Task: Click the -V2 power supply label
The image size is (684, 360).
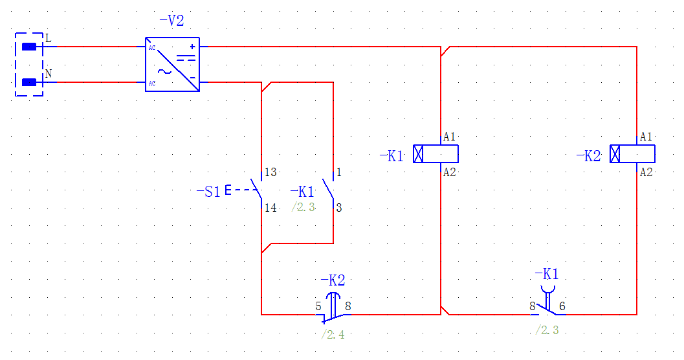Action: click(171, 21)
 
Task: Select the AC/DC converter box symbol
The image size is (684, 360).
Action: click(172, 64)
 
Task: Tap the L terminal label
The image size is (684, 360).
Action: click(48, 38)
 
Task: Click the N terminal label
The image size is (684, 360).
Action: click(48, 74)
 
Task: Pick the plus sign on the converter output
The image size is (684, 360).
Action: click(192, 47)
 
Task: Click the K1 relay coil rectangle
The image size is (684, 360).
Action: click(436, 154)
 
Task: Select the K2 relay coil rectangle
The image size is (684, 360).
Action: click(632, 154)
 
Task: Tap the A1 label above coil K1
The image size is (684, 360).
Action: click(450, 137)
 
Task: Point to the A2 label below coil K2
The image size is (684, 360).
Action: click(646, 172)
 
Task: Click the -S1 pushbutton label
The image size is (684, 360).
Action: click(208, 192)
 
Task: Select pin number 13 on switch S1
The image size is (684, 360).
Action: click(270, 173)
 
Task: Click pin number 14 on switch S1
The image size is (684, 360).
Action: click(270, 208)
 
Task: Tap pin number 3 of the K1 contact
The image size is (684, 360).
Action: click(338, 208)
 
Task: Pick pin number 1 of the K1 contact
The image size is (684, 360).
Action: click(338, 173)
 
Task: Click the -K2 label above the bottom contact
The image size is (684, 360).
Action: click(333, 280)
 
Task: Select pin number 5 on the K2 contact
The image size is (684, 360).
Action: click(318, 306)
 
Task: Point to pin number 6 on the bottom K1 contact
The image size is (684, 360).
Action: click(562, 306)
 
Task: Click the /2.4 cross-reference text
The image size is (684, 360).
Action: click(333, 335)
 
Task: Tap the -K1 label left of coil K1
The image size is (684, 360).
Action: click(392, 156)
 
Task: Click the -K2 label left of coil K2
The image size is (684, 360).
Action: click(588, 156)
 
